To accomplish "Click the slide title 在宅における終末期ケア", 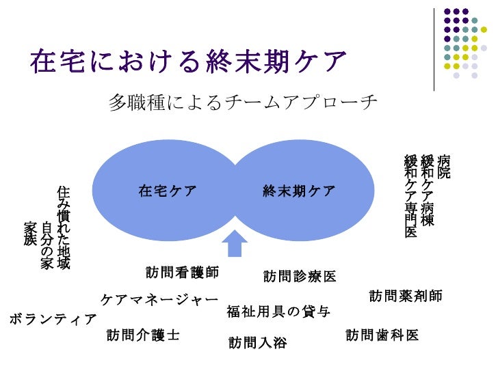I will pos(189,62).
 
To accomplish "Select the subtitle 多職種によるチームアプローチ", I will pos(243,103).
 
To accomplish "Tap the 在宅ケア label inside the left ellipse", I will pos(168,191).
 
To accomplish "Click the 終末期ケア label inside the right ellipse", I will pos(299,191).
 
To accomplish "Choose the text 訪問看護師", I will pos(182,273).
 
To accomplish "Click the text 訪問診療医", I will pos(300,277).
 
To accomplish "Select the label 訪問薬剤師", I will pos(406,296).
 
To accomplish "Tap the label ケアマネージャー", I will pos(159,300).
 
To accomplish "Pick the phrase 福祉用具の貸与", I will pos(278,313).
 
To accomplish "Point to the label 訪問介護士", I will pos(143,335).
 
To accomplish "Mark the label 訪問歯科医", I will pos(382,335).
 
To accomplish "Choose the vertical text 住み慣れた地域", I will pos(64,227).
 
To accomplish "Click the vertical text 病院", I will pos(445,167).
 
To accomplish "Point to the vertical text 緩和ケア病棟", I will pos(428,191).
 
